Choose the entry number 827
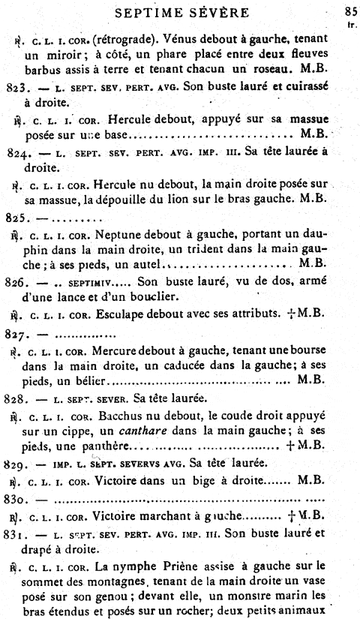(x=16, y=332)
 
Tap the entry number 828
(x=16, y=397)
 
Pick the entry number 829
(x=16, y=464)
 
